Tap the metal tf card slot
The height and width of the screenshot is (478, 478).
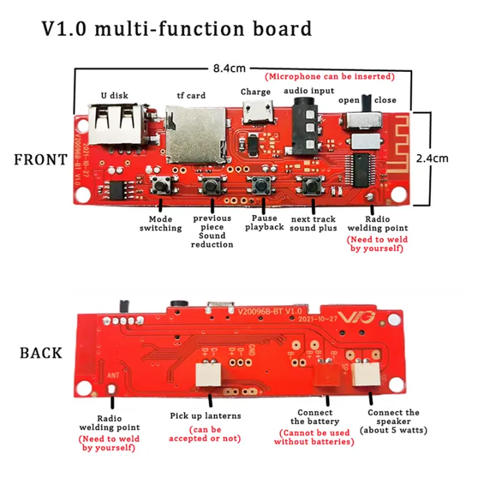(193, 133)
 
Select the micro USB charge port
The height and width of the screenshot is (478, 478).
(258, 114)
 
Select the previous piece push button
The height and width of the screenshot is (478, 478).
(211, 185)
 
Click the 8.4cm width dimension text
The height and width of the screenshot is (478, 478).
(229, 68)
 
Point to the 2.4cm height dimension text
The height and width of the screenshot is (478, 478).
(432, 158)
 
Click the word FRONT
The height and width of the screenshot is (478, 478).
(41, 159)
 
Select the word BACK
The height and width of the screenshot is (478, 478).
(41, 353)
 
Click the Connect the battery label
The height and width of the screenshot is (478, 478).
(315, 417)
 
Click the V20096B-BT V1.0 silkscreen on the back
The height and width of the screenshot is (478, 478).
(265, 310)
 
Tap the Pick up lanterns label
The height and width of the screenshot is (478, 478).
(205, 416)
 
